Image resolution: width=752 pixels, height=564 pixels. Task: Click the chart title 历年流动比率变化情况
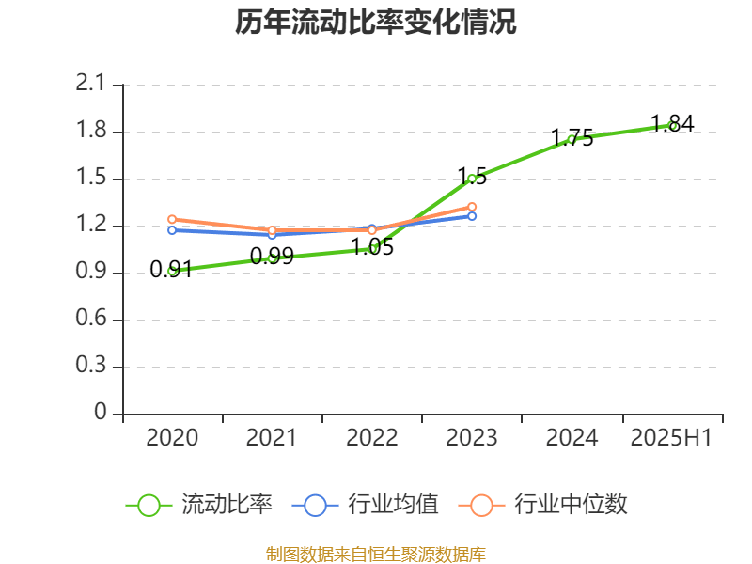[375, 23]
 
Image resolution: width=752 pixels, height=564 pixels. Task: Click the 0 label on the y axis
[101, 413]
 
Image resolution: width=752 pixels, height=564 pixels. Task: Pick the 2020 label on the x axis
[172, 437]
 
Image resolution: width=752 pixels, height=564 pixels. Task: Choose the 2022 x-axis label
[371, 437]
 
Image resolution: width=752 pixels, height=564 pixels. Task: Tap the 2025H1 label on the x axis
[671, 437]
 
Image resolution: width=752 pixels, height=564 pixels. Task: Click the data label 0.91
[171, 271]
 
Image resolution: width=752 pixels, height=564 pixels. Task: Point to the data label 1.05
[372, 248]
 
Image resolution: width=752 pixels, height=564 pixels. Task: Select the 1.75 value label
[572, 138]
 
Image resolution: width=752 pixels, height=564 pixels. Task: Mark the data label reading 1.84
[672, 123]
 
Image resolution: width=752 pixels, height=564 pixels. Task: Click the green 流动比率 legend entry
[199, 505]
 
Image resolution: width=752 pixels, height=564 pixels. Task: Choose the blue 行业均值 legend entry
[366, 505]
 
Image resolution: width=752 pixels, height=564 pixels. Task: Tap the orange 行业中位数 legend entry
[542, 505]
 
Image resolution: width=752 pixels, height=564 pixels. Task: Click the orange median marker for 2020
[172, 219]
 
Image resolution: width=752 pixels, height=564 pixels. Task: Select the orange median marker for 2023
[472, 207]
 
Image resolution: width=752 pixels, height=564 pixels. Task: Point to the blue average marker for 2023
[472, 216]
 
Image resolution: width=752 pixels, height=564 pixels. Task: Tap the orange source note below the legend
[375, 554]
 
